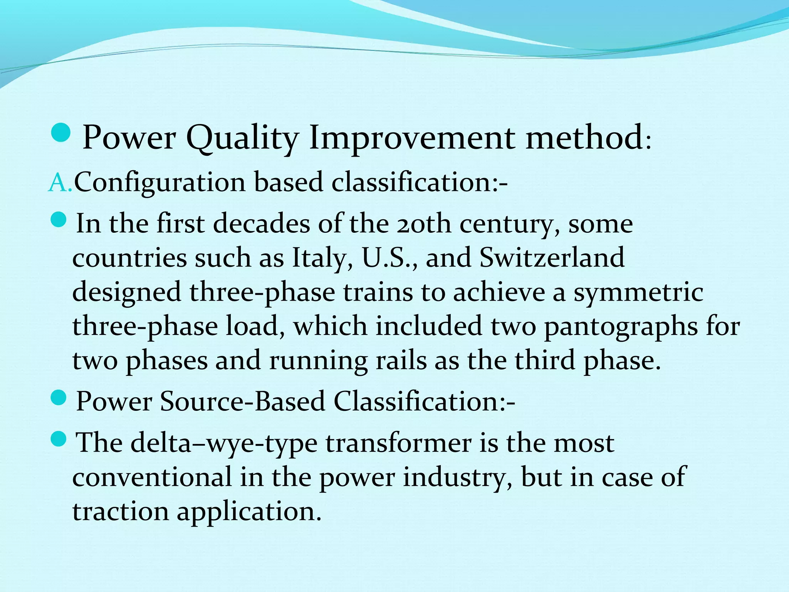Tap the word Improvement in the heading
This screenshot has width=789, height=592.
[x=412, y=139]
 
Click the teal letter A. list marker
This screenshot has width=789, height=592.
[x=59, y=183]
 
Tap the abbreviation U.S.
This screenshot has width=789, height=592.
[x=389, y=258]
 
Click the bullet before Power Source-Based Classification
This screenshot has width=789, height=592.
[x=59, y=398]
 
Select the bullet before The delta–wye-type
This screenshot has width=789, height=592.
[x=59, y=439]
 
